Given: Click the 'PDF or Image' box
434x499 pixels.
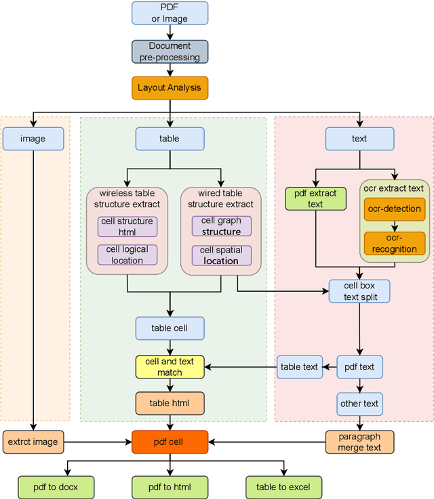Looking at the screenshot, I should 170,13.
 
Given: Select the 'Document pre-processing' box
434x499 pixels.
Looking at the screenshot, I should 170,51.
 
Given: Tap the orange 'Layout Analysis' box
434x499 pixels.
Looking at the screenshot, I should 170,88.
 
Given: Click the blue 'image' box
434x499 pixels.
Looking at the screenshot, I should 33,139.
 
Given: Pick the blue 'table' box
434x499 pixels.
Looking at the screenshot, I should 170,139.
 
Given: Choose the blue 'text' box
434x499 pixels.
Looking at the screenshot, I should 359,139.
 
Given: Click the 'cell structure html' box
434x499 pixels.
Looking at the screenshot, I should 127,227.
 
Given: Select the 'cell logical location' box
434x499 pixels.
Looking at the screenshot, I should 127,255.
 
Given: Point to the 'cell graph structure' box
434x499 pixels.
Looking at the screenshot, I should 221,226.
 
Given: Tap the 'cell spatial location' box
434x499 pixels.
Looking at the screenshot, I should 221,255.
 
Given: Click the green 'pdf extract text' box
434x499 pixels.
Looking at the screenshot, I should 315,198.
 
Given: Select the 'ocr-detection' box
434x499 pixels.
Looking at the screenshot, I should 394,209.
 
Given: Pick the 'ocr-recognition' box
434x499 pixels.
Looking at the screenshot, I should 394,243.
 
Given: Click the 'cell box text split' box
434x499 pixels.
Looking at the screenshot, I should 359,291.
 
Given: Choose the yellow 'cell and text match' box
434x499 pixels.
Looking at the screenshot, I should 170,367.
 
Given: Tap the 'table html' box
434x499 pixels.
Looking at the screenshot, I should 170,404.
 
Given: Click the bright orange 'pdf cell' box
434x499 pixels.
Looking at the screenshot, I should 170,442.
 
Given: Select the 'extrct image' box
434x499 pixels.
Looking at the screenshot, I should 33,442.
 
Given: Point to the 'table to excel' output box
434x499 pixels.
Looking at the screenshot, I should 283,487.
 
